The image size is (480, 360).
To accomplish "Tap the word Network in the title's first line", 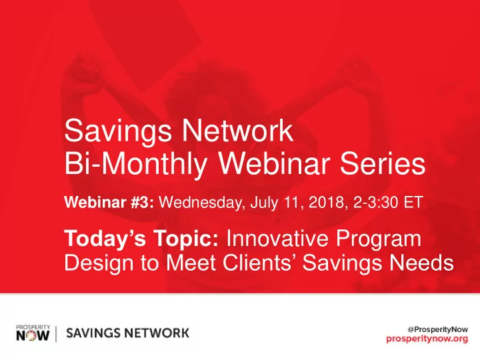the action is tap(238, 131).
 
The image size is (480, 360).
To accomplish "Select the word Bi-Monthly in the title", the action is tap(135, 165).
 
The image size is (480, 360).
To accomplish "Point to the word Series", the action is tap(383, 163).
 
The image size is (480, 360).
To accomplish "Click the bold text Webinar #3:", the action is tap(109, 202).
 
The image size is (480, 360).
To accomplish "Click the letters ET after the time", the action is tap(413, 203).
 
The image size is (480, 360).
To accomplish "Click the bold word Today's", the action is tap(105, 239).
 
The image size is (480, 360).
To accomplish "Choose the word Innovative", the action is tap(277, 238).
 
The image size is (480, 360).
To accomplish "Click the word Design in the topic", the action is tap(99, 263).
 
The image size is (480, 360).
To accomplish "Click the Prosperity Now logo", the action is tap(33, 333).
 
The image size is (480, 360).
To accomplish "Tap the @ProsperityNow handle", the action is tap(438, 330).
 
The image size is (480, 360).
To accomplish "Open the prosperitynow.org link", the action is tap(427, 339).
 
